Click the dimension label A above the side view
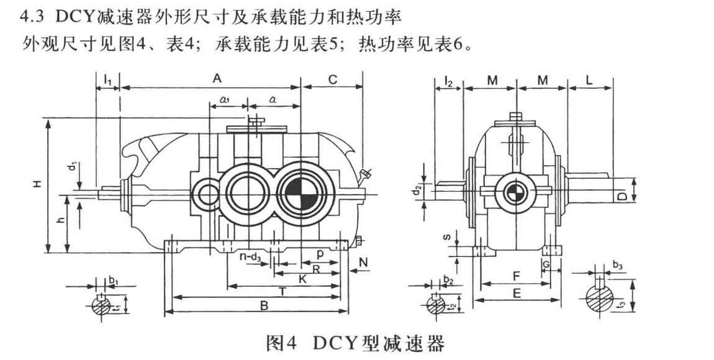click(x=217, y=79)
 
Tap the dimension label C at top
click(x=332, y=79)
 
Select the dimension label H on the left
click(x=38, y=184)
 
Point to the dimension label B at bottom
click(x=263, y=305)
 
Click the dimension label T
click(x=283, y=290)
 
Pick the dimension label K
click(x=302, y=279)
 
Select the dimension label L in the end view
click(x=589, y=79)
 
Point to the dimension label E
click(x=517, y=295)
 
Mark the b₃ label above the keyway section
click(x=618, y=266)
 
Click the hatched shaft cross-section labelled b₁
click(x=101, y=305)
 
